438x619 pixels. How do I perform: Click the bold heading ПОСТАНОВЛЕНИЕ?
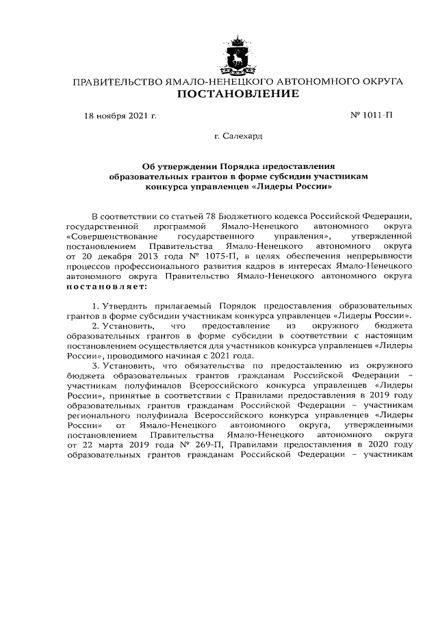tap(237, 94)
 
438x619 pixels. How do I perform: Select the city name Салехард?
tap(244, 137)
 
